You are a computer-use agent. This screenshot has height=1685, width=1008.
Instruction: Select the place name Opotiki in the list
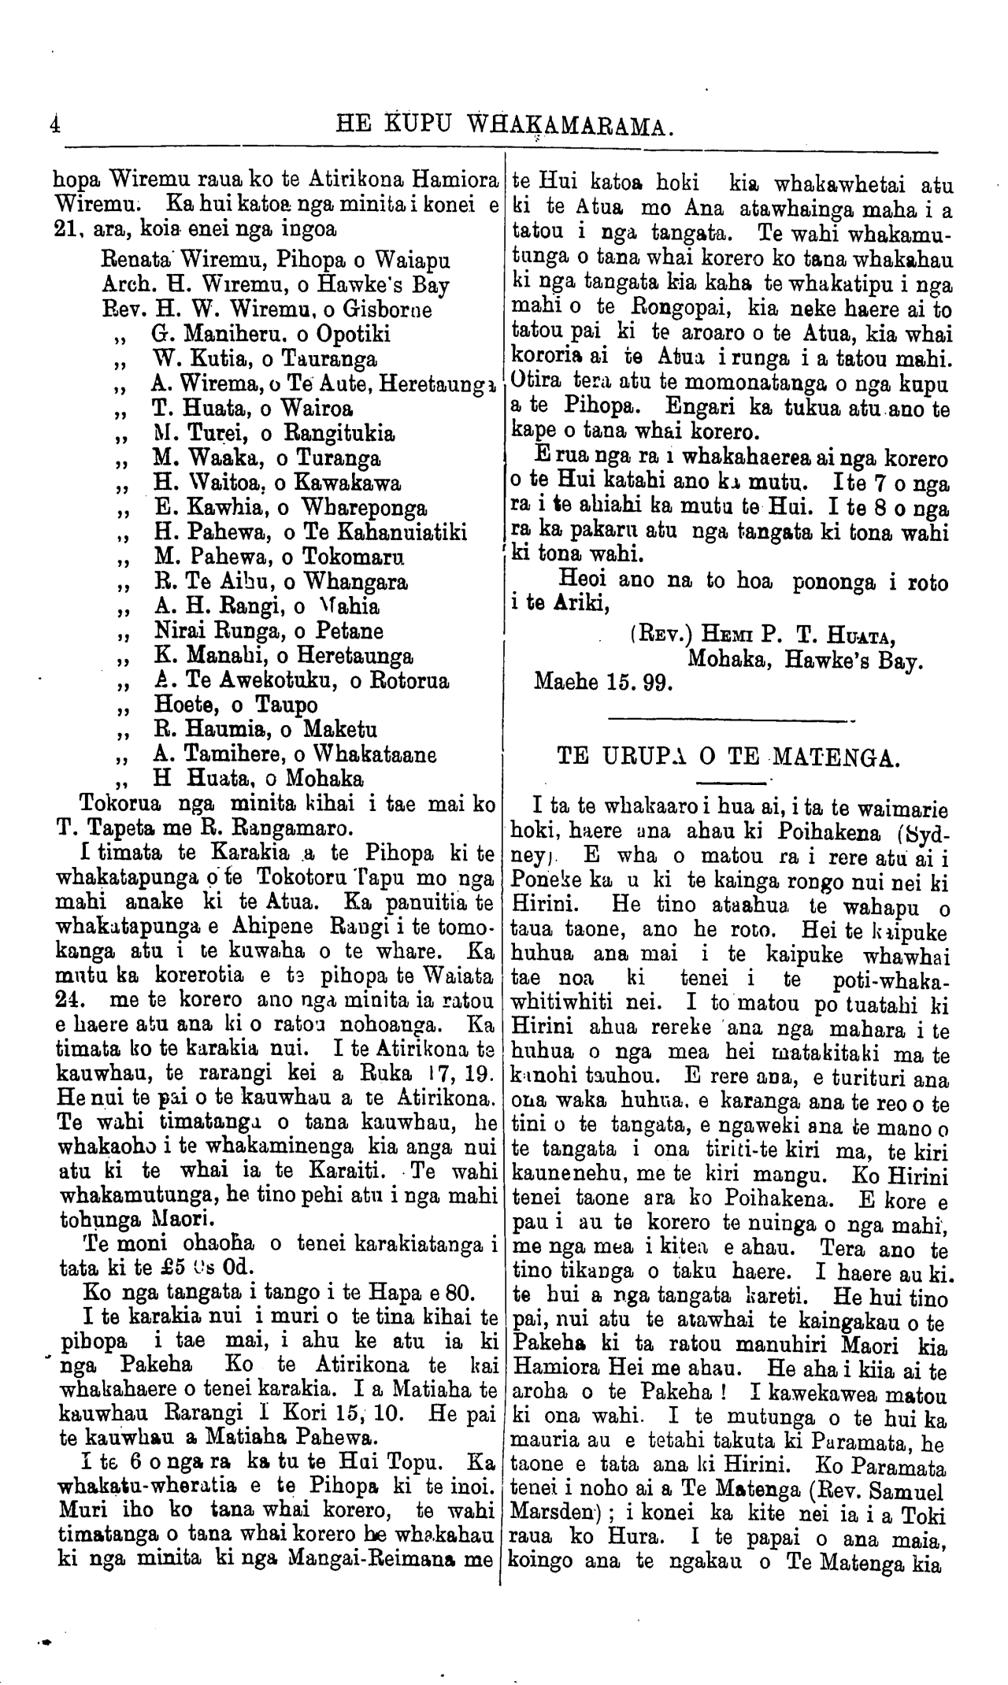347,334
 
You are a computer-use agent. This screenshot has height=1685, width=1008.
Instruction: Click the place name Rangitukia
339,433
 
